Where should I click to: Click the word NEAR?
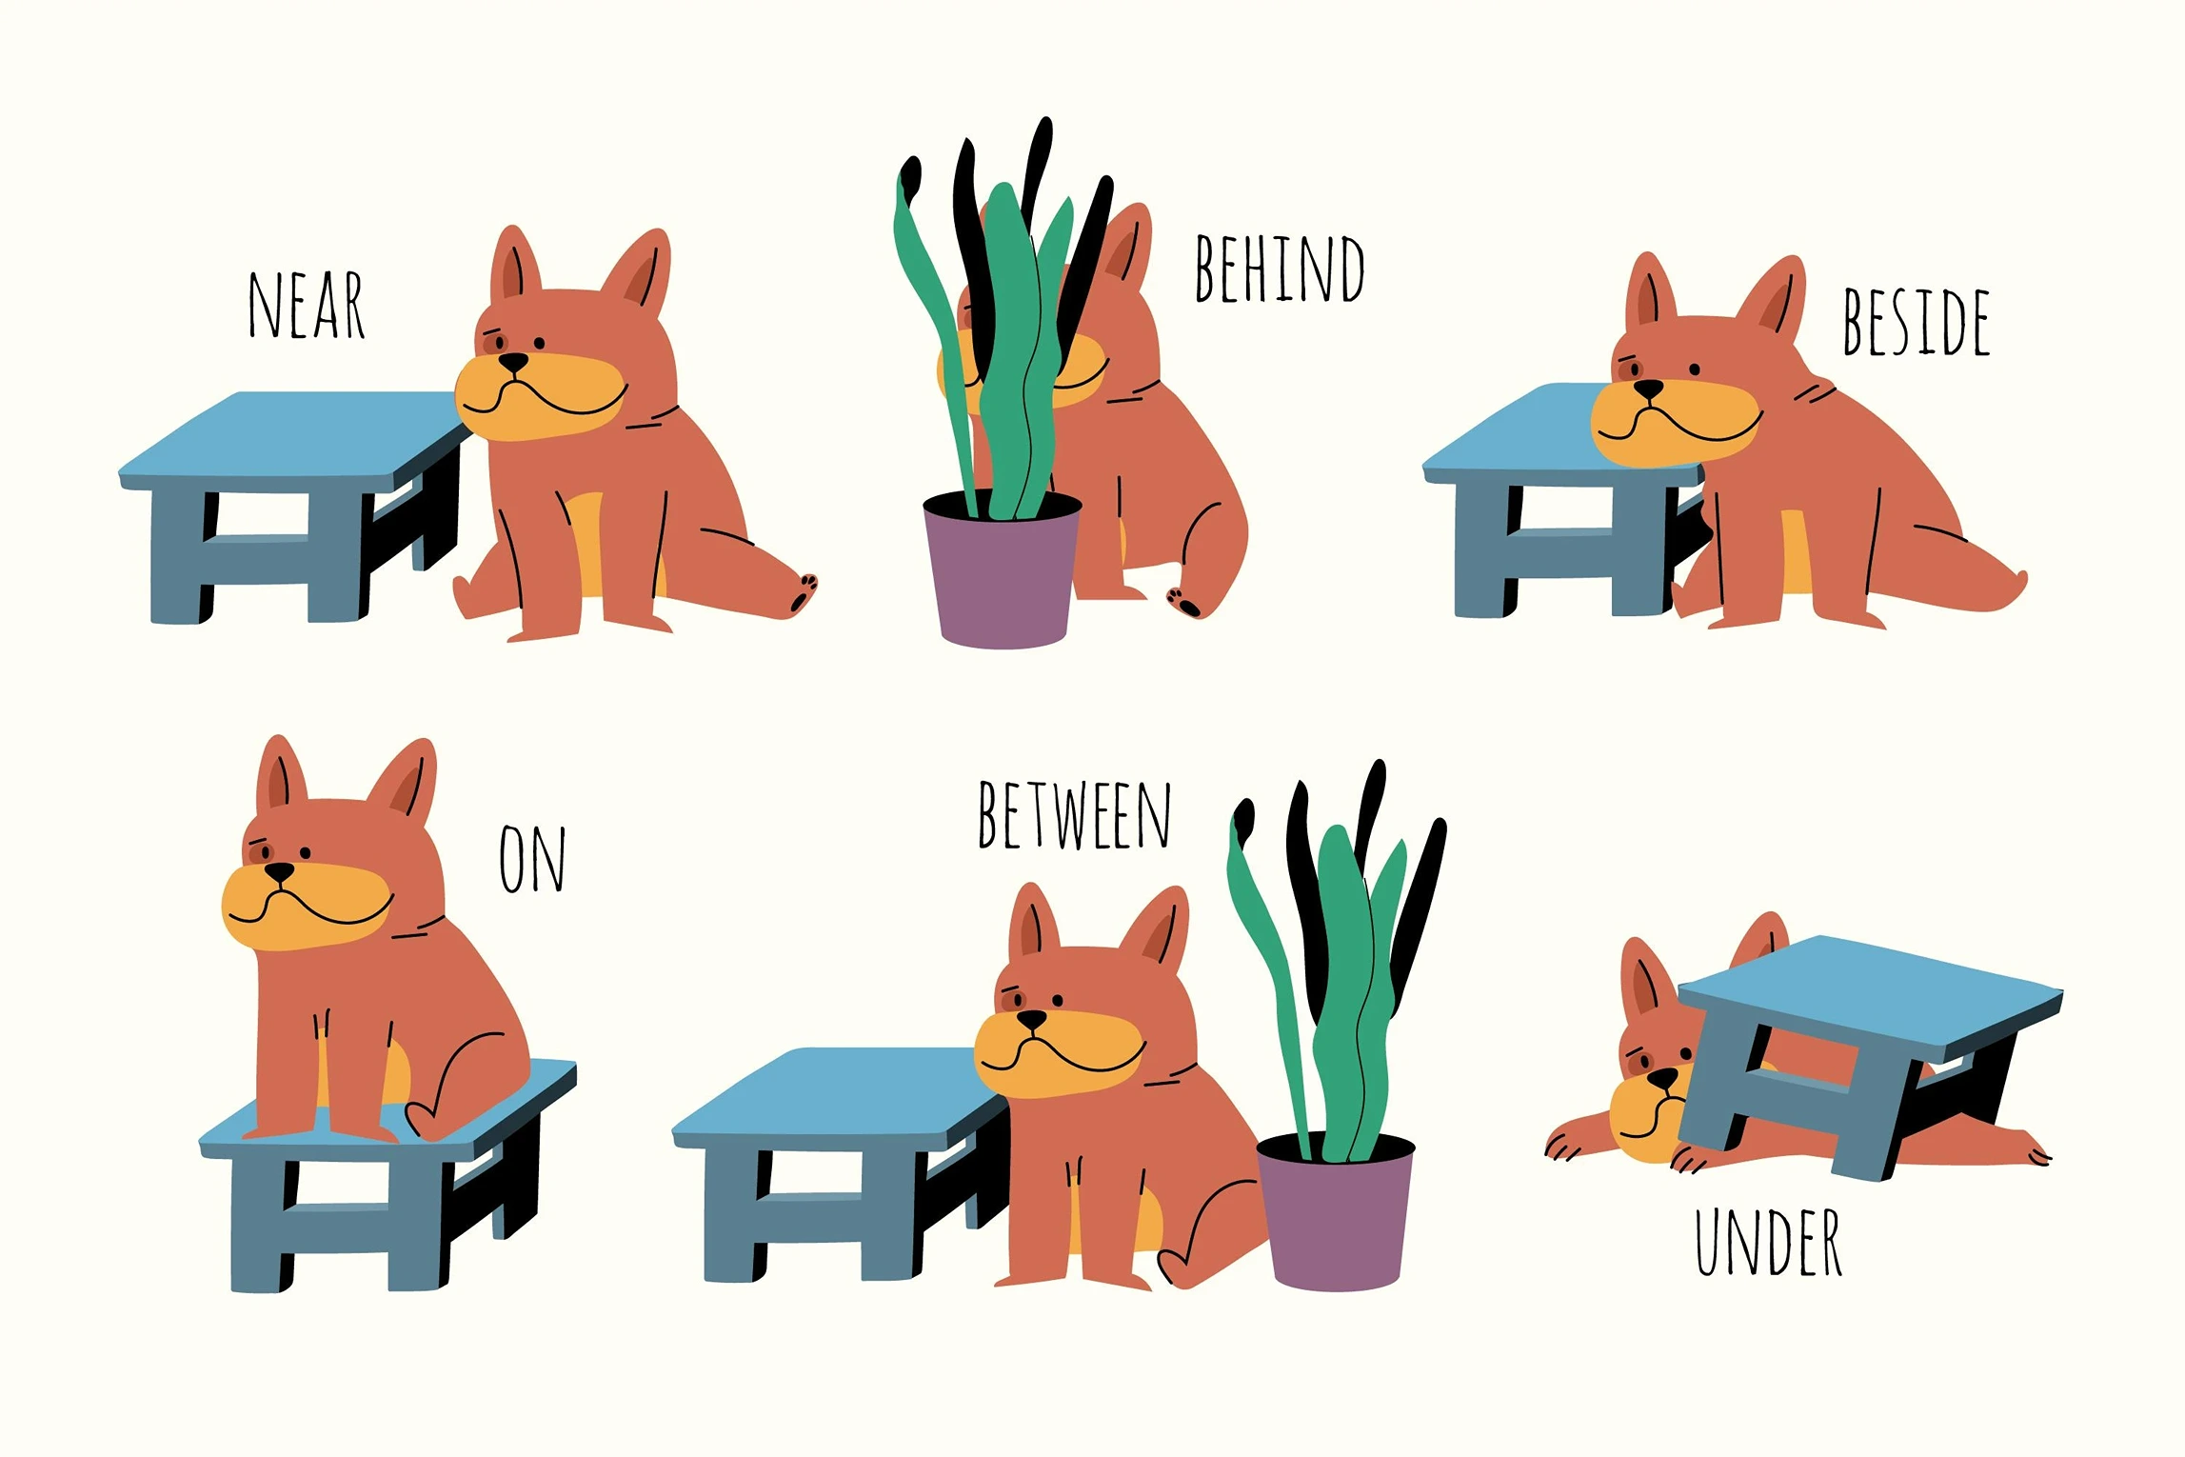point(307,305)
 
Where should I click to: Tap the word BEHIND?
point(1279,269)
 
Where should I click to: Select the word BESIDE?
point(1916,322)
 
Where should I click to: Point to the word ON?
point(532,859)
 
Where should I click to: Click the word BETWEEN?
point(1074,815)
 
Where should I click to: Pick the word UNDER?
point(1768,1242)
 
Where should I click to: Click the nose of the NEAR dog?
point(513,362)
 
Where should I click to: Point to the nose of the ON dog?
point(279,871)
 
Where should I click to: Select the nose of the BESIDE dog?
point(1648,389)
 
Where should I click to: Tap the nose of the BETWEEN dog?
point(1031,1019)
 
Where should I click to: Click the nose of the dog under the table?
point(1662,1078)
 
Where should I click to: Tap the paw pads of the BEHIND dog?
point(1183,602)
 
